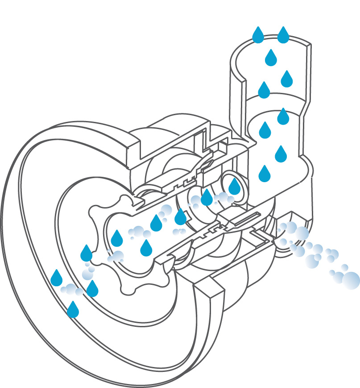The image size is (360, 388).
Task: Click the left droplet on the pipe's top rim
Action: tap(258, 36)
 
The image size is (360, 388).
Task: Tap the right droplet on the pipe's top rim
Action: tap(283, 36)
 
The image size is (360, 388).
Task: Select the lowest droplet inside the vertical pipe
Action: tap(265, 174)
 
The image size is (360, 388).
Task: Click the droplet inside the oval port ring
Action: tap(234, 187)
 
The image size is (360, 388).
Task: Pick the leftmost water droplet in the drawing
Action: tap(56, 278)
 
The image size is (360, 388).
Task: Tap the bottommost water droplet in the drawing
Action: tap(73, 310)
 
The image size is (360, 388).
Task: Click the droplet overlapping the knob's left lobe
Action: tap(86, 254)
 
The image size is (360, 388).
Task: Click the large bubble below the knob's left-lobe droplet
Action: tap(87, 274)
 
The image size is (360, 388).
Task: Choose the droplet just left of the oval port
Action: tap(207, 198)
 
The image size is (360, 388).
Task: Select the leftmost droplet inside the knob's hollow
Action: tap(116, 239)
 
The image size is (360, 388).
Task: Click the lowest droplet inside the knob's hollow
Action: tap(146, 249)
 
